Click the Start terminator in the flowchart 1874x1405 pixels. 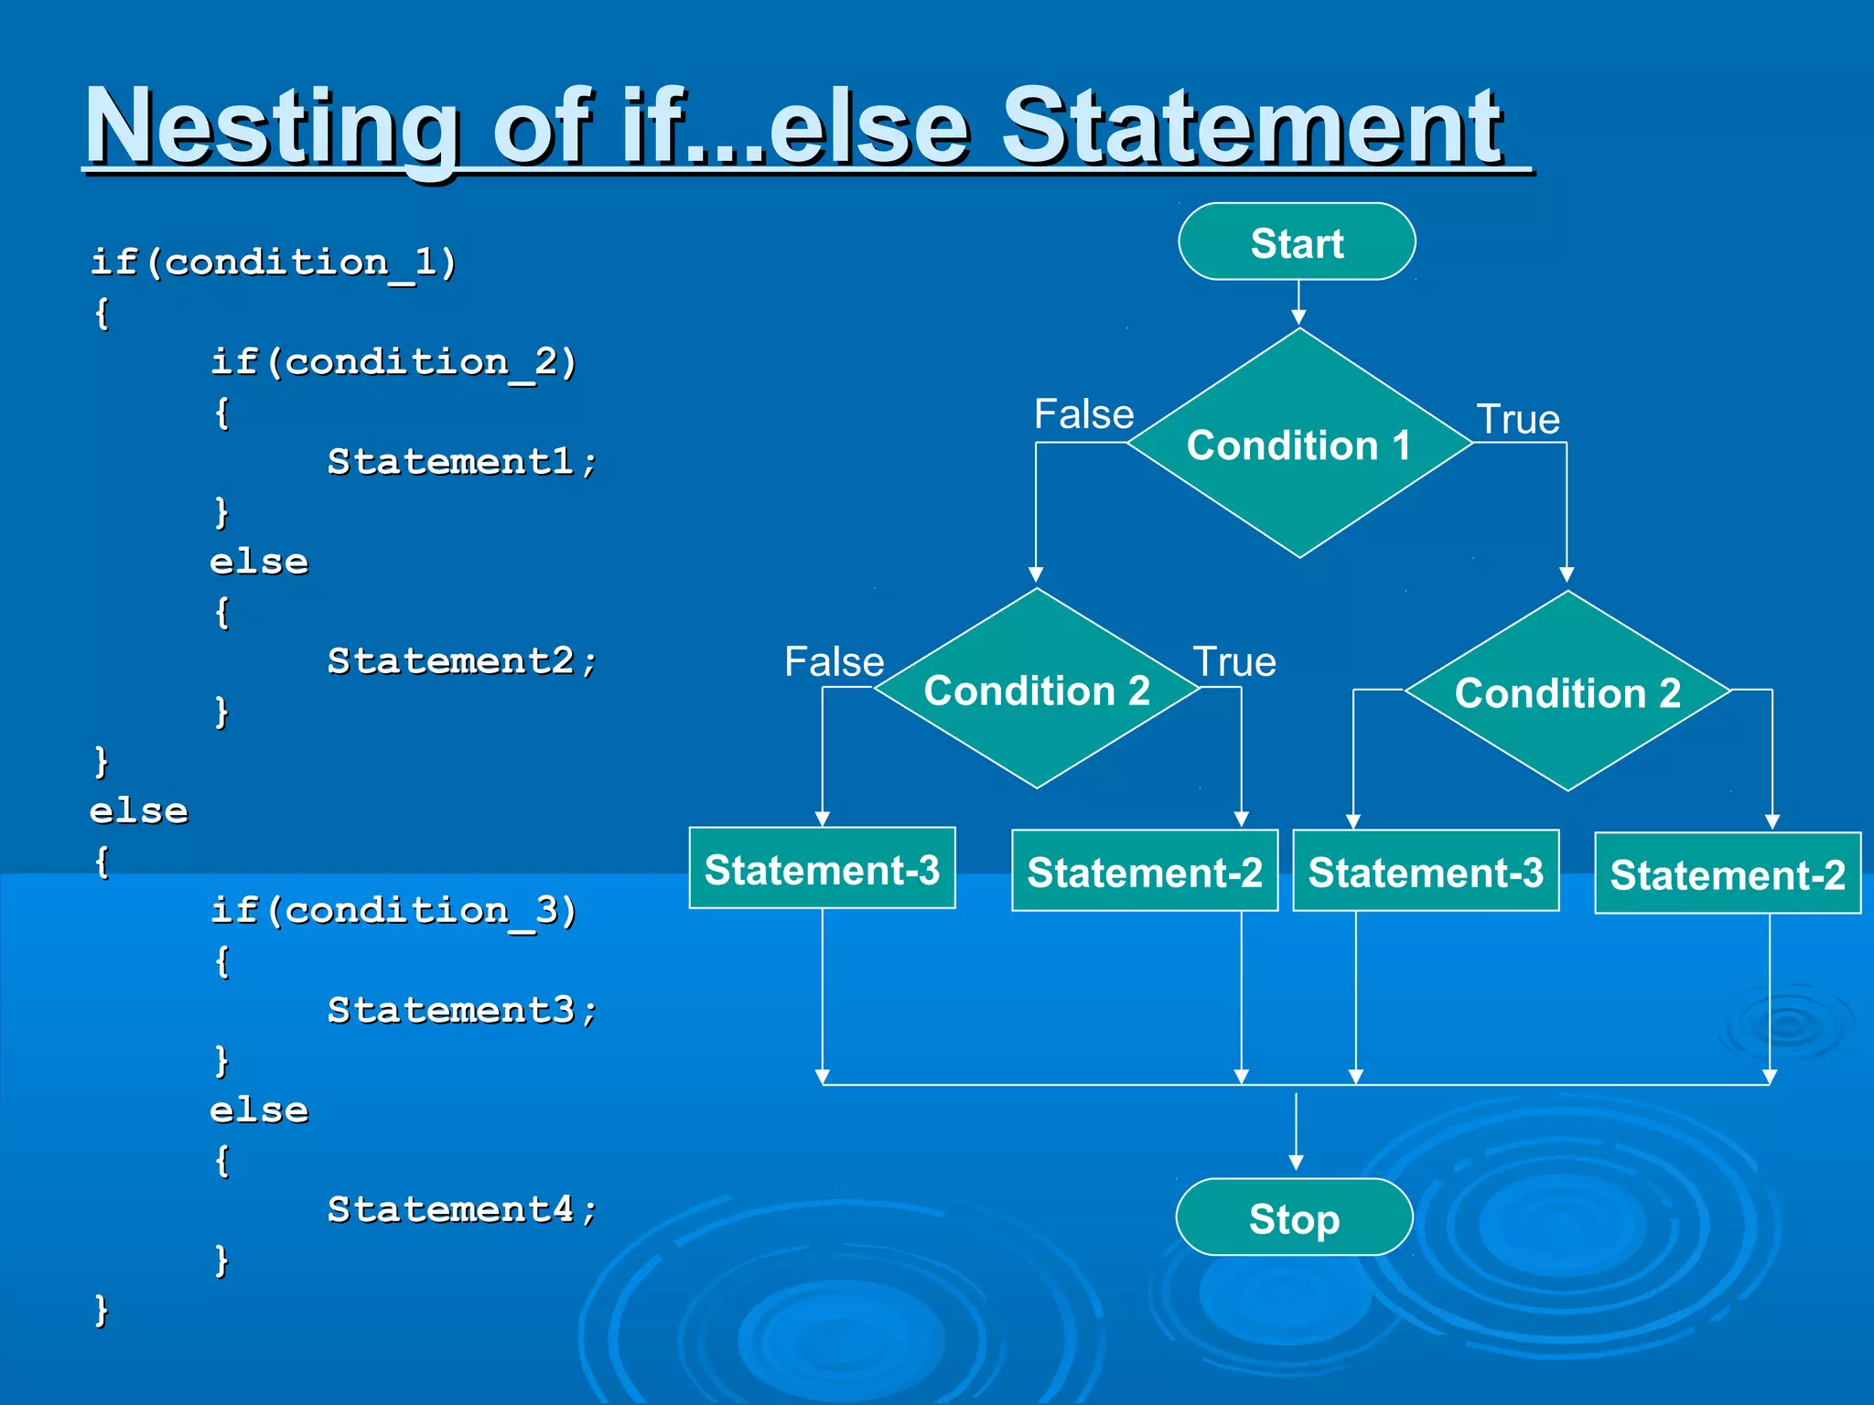1297,242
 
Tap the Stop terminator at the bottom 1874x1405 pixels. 1294,1217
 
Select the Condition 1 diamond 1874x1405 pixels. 1298,445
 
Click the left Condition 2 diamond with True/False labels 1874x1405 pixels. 1037,690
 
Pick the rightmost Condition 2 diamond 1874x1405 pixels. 1567,692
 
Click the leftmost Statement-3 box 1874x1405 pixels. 822,869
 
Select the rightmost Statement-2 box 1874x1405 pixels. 1727,874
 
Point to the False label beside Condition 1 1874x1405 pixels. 1083,414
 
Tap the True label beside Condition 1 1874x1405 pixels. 1518,420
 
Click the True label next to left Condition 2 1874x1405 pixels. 1233,661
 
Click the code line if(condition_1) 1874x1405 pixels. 273,263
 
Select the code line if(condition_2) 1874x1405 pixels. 393,362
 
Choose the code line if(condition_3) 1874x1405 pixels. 393,910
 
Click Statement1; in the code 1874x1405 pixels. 462,462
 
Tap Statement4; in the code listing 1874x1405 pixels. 462,1210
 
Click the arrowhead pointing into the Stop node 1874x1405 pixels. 1296,1163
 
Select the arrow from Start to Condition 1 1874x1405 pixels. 1298,303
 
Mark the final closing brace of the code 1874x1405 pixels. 102,1310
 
